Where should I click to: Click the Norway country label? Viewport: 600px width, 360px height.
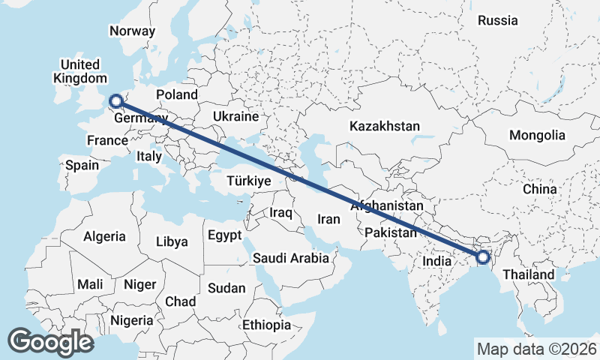pos(132,31)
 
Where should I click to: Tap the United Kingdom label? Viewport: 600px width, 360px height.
pos(80,71)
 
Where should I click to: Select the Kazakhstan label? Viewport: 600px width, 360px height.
pos(385,126)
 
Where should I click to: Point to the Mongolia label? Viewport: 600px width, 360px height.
pos(536,136)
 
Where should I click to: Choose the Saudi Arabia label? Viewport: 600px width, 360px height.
pos(291,259)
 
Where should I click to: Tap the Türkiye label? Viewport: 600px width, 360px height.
pos(248,181)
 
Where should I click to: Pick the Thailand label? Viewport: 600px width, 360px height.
pos(529,275)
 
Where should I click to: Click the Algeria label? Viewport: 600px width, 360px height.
pos(104,236)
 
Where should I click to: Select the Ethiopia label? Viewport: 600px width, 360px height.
pos(266,325)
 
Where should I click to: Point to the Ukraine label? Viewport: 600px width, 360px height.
pos(235,117)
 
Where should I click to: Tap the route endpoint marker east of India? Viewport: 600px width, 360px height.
pos(482,258)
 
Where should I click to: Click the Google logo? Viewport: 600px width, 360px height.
pos(50,342)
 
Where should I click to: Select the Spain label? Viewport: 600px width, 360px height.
pos(82,165)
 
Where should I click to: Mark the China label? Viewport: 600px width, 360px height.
pos(540,189)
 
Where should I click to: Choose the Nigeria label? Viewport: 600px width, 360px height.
pos(131,320)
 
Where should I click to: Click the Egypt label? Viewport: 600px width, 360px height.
pos(225,235)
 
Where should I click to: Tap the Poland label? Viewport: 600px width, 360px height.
pos(177,94)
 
